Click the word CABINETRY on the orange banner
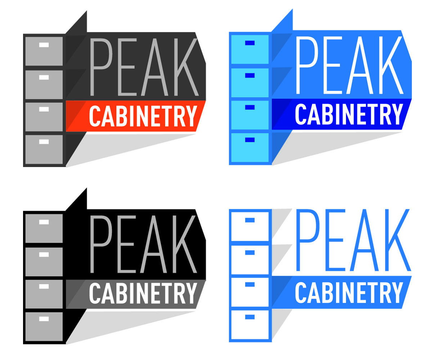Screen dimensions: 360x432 click(x=143, y=116)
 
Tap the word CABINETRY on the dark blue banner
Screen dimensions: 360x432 click(x=348, y=114)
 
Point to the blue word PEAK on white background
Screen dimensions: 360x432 click(x=353, y=240)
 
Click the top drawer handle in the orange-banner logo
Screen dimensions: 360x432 click(x=44, y=45)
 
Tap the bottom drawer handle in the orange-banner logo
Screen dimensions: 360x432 click(x=44, y=141)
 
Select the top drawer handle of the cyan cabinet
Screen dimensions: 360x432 click(x=250, y=43)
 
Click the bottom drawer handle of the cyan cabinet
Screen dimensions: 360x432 click(x=250, y=140)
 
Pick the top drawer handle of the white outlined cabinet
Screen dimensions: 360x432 click(x=250, y=220)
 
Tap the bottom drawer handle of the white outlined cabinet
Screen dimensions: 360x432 click(x=250, y=317)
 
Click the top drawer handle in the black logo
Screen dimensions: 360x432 click(x=44, y=222)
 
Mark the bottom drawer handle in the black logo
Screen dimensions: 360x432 click(x=44, y=319)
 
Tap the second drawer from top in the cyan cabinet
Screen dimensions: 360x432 click(x=250, y=82)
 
